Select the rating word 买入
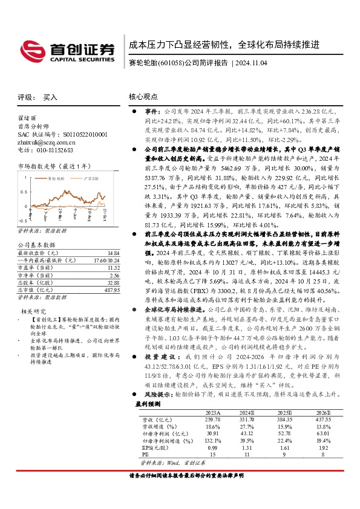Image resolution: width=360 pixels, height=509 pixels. [x=50, y=97]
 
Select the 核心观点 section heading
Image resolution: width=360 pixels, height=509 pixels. [x=144, y=97]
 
